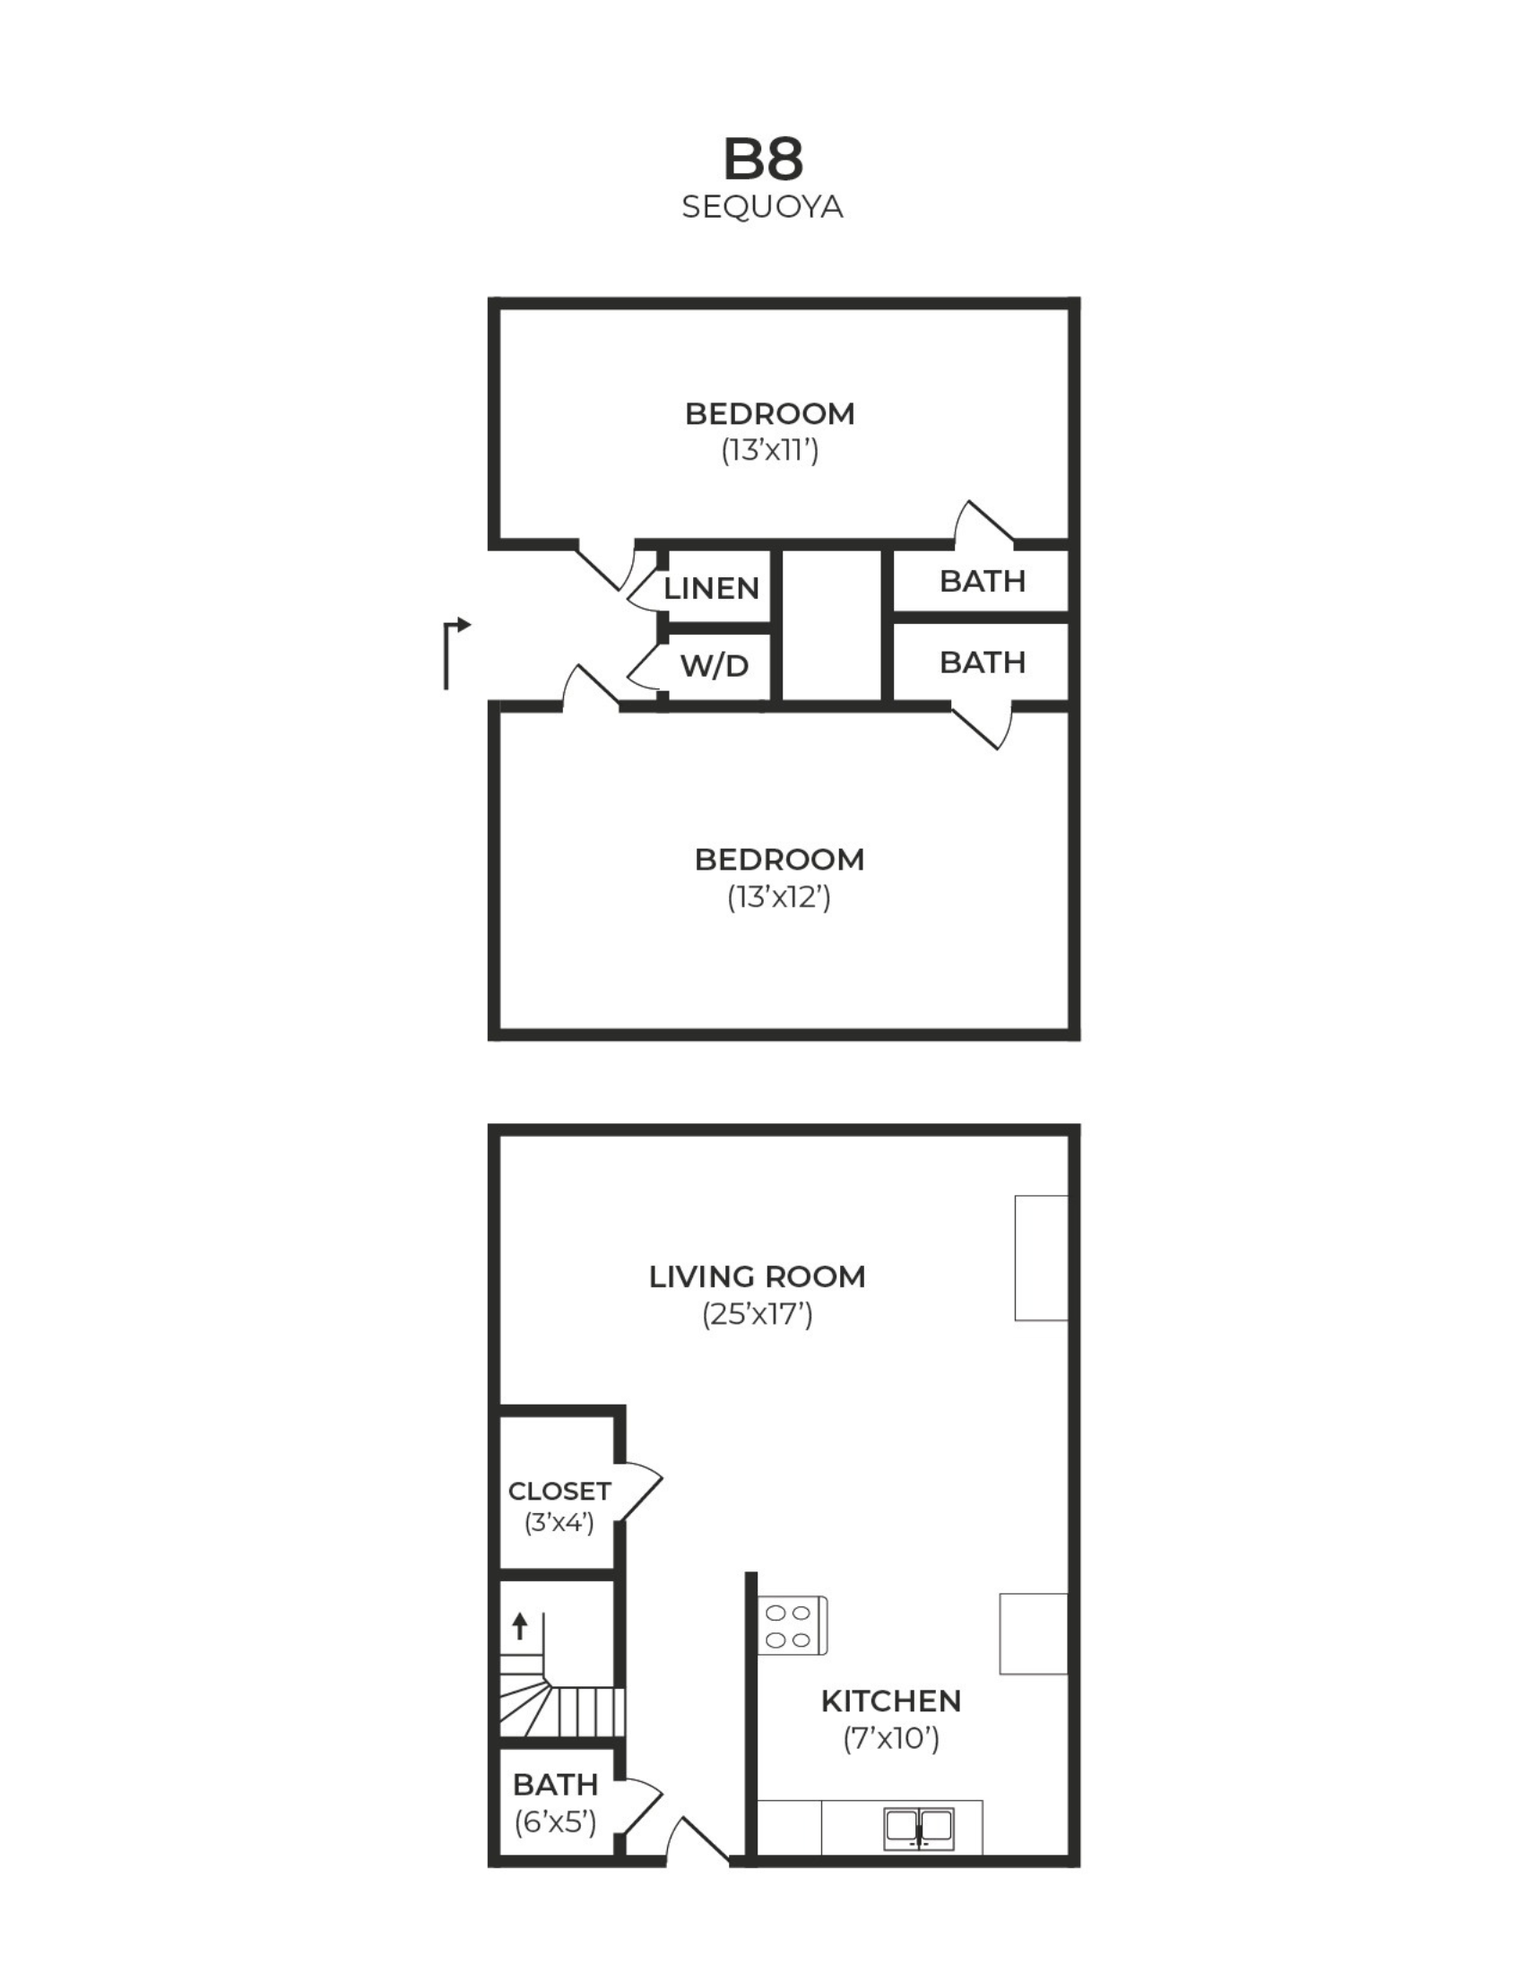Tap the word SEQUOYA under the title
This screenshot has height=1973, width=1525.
click(762, 208)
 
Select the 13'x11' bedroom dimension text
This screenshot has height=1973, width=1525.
click(770, 450)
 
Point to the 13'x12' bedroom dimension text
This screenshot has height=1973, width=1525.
click(779, 897)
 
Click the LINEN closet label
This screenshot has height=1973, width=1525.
click(711, 588)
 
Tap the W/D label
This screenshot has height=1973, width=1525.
click(714, 666)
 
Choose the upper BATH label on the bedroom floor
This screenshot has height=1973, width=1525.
click(982, 581)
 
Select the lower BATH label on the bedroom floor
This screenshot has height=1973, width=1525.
click(982, 662)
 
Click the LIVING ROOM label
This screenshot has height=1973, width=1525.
click(757, 1276)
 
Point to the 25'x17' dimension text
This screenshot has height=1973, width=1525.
click(757, 1314)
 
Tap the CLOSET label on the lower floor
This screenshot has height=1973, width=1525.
click(559, 1491)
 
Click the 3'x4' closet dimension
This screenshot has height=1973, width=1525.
click(559, 1523)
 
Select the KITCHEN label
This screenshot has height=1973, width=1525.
click(891, 1701)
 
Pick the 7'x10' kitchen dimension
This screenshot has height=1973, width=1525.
click(891, 1738)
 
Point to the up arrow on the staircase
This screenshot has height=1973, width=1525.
click(519, 1626)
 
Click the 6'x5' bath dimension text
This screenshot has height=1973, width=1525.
click(556, 1823)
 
